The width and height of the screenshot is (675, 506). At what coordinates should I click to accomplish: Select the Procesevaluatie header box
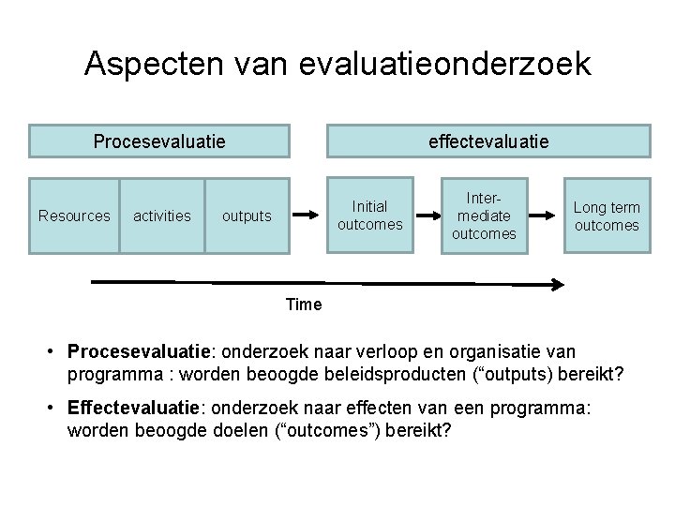(x=159, y=141)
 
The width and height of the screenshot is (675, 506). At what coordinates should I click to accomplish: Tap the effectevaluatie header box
(x=487, y=141)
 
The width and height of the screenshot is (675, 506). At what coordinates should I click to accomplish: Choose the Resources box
(x=74, y=216)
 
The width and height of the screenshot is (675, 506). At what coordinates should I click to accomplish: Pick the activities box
(x=162, y=216)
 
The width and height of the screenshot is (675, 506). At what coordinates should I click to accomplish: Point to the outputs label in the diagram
(x=247, y=216)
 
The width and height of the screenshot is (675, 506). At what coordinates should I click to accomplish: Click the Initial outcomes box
(x=369, y=216)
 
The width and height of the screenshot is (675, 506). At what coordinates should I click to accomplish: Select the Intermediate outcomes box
(x=484, y=216)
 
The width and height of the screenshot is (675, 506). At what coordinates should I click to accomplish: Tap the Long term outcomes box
(x=607, y=216)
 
